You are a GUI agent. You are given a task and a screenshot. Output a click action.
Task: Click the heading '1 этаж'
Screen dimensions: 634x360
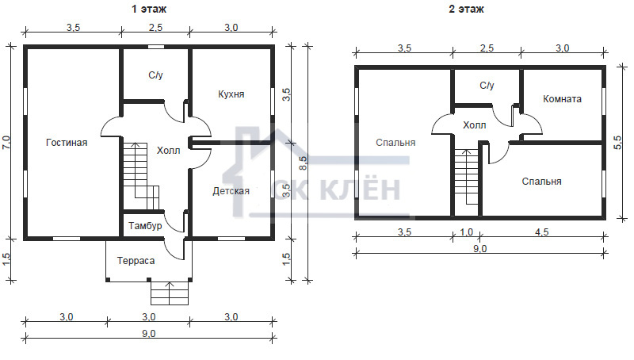(148, 9)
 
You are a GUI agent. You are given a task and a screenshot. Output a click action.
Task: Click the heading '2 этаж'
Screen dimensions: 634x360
(466, 9)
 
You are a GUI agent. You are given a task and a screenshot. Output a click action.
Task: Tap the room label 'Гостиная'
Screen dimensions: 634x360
(67, 143)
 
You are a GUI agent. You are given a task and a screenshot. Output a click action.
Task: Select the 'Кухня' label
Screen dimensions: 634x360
(231, 94)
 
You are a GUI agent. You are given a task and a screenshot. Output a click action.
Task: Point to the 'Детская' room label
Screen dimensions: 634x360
(231, 191)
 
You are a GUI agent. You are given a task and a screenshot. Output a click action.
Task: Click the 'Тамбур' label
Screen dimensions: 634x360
(145, 226)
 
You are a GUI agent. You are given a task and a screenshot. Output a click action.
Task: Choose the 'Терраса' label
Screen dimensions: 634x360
(136, 261)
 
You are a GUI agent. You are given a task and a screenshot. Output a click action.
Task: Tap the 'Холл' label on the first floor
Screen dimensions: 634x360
(168, 151)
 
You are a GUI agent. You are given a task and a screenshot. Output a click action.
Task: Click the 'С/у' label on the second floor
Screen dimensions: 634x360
(487, 86)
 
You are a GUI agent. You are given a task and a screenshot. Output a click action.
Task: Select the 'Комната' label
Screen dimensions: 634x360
(562, 99)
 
